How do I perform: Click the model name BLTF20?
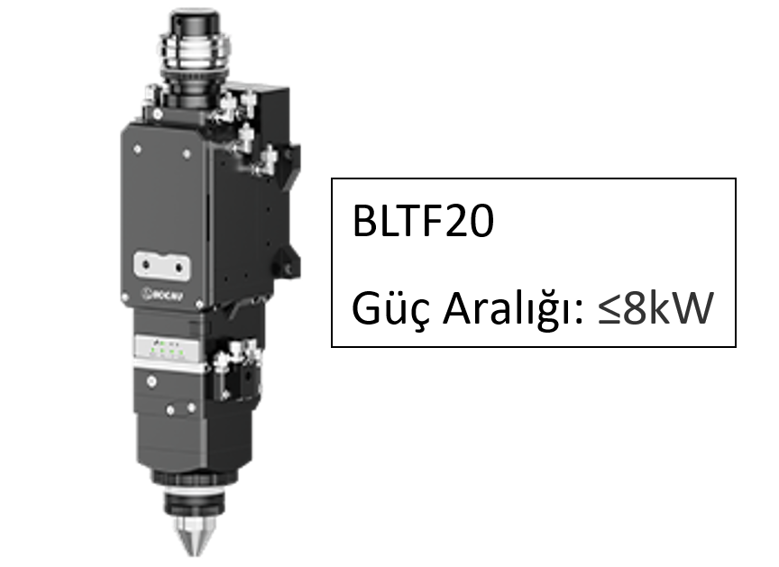coord(423,221)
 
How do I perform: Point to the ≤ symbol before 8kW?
coord(609,309)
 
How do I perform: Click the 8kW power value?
coord(668,308)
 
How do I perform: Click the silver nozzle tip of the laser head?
coord(193,536)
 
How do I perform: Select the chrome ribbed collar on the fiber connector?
coord(194,52)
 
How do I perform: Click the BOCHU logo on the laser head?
coord(163,295)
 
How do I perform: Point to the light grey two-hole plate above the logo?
coord(162,266)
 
